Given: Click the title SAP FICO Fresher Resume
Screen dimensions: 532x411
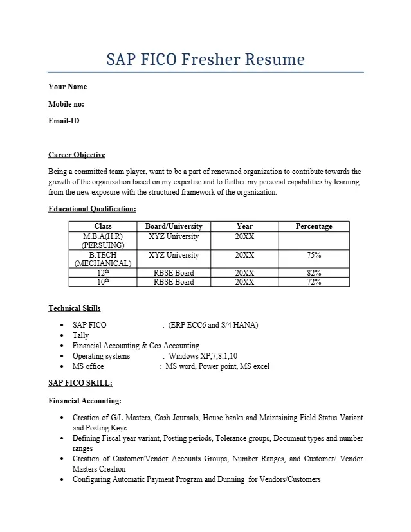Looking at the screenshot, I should pyautogui.click(x=205, y=60).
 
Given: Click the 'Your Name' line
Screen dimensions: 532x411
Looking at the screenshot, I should pyautogui.click(x=68, y=87).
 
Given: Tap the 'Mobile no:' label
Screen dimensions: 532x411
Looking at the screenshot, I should pyautogui.click(x=66, y=103).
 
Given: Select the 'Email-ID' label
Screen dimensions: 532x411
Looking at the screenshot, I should pyautogui.click(x=64, y=120).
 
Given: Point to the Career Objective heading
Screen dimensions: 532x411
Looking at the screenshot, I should pyautogui.click(x=77, y=155).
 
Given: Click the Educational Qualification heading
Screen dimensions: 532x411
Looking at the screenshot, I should pyautogui.click(x=92, y=209).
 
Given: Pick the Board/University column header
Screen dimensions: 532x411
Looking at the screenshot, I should pyautogui.click(x=174, y=226).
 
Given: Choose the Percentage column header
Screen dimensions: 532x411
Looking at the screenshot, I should pyautogui.click(x=314, y=226).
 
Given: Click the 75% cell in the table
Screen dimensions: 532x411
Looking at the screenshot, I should pyautogui.click(x=314, y=255).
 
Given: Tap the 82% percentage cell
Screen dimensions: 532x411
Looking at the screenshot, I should pyautogui.click(x=314, y=273).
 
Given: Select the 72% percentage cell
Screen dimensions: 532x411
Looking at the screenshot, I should pyautogui.click(x=314, y=282).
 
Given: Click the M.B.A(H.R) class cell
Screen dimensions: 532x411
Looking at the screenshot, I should pyautogui.click(x=103, y=240).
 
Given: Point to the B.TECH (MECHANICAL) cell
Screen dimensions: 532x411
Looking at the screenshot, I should pyautogui.click(x=103, y=259).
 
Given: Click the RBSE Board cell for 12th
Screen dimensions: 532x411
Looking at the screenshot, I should pyautogui.click(x=174, y=273).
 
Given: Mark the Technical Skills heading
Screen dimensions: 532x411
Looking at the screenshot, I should pyautogui.click(x=75, y=308).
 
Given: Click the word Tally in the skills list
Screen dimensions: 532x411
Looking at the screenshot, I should pyautogui.click(x=81, y=335).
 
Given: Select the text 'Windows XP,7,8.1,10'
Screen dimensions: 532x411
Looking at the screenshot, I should pyautogui.click(x=203, y=356).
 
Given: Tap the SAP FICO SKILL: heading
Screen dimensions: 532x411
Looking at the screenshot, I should pyautogui.click(x=80, y=383).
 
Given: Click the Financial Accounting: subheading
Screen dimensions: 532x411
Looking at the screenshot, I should pyautogui.click(x=85, y=401).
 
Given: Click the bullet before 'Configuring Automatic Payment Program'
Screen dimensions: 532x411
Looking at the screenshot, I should pyautogui.click(x=61, y=479).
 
